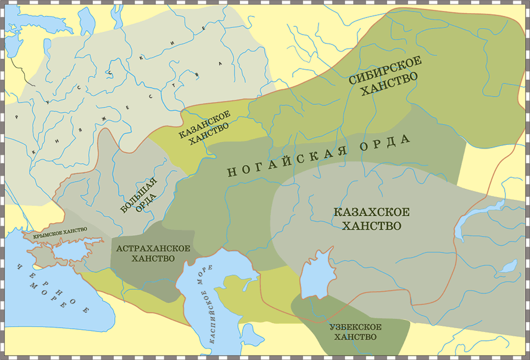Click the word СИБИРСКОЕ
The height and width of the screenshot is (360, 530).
[x=385, y=70]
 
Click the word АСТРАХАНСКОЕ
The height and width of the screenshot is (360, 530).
[x=154, y=248]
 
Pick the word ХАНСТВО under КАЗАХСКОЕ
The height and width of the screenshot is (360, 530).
[x=371, y=226]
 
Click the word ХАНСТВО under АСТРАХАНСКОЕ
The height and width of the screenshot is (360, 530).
[x=153, y=258]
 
